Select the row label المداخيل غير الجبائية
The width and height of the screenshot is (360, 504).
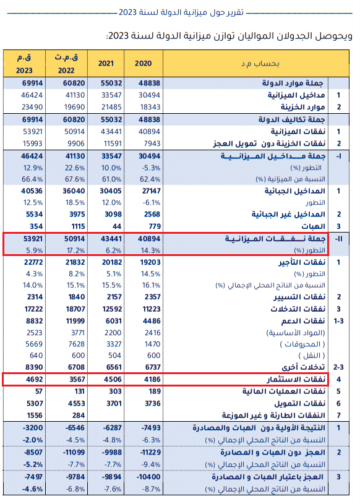click(x=288, y=215)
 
